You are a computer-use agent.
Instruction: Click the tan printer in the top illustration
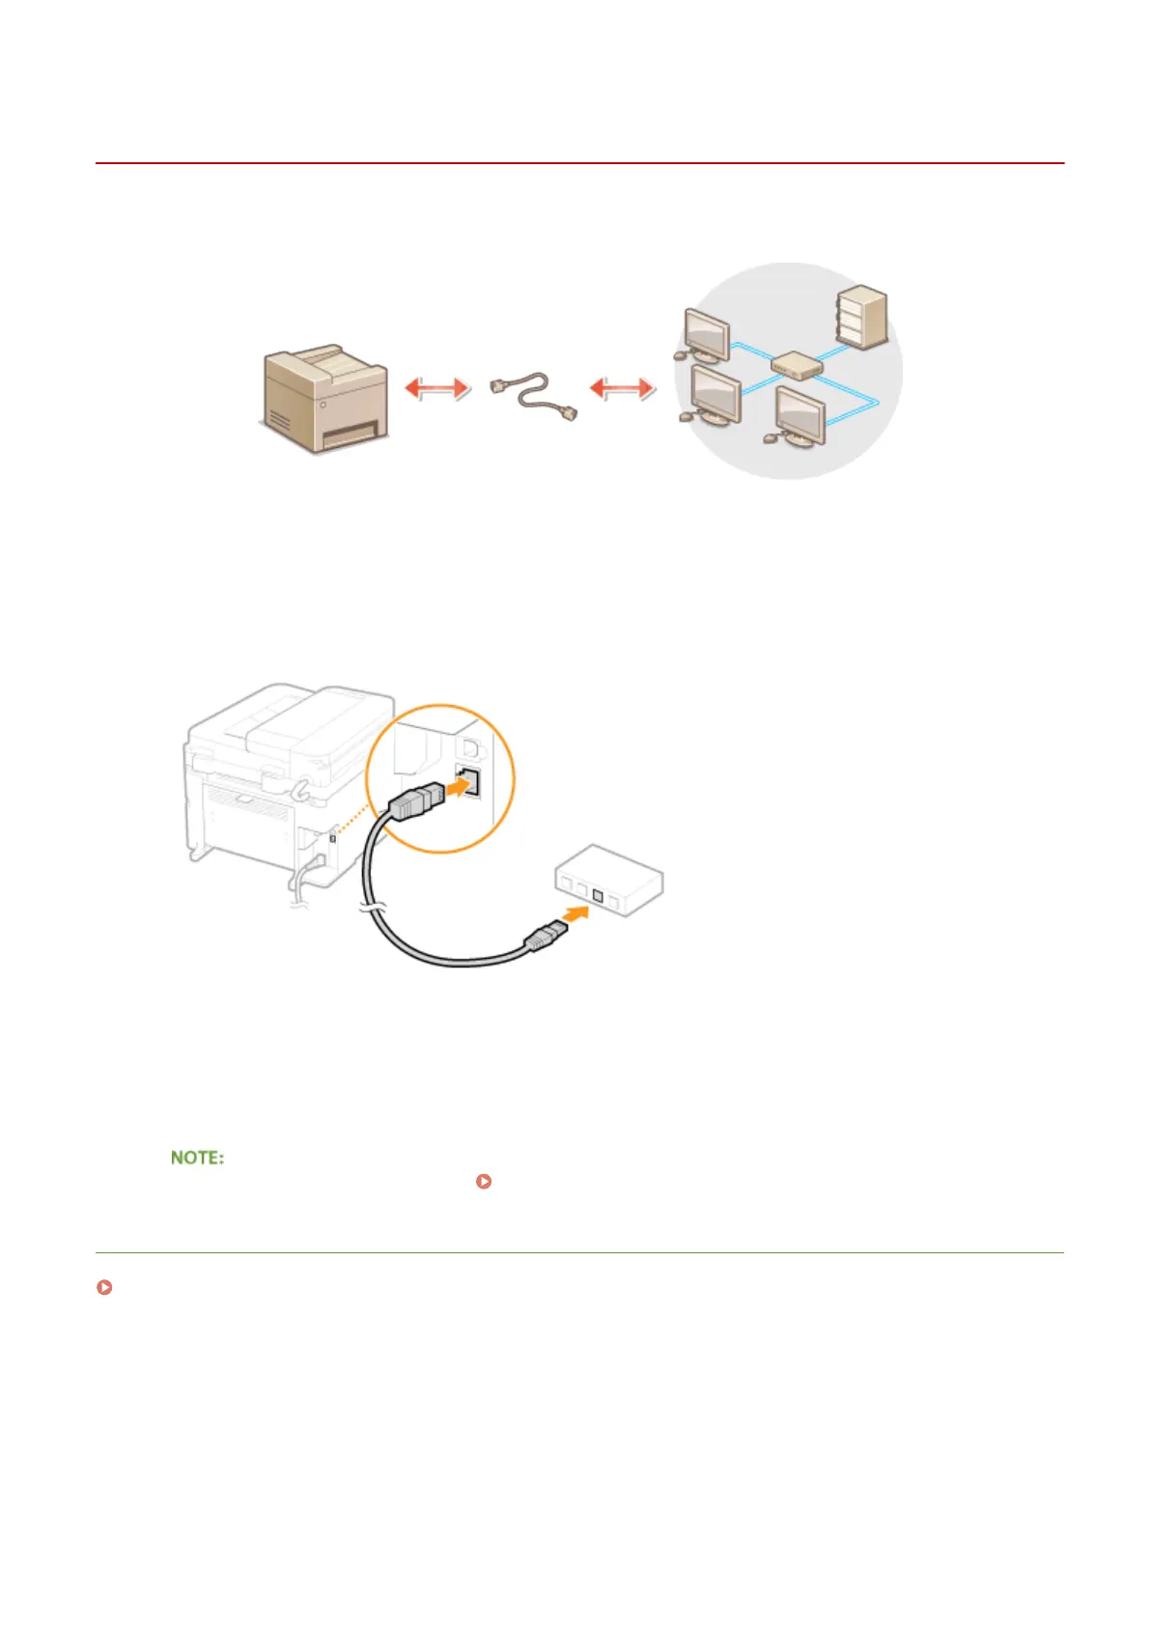tap(325, 398)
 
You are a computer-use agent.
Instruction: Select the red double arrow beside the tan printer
tap(436, 388)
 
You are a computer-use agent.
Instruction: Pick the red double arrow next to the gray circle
tap(622, 388)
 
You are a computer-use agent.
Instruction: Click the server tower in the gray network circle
tap(862, 316)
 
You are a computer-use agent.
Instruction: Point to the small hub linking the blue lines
tap(797, 365)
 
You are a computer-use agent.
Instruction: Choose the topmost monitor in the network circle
tap(706, 334)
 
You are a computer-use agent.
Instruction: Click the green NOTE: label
tap(197, 1157)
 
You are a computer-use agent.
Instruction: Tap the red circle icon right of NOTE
tap(485, 1181)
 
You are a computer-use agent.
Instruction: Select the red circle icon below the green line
tap(103, 1288)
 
